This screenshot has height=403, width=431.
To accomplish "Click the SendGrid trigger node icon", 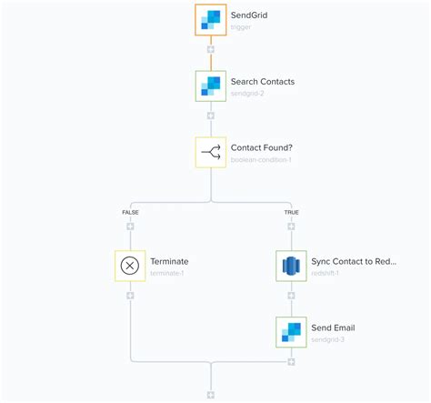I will coord(211,20).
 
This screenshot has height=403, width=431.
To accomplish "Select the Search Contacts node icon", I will coord(211,86).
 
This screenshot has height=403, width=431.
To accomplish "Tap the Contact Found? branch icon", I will coord(211,153).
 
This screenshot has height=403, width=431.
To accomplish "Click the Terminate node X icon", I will coord(130,266).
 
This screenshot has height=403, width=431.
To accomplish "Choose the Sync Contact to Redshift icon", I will coord(291,266).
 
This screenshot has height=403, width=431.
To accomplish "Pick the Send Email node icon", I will coord(291,332).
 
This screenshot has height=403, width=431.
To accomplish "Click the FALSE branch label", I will coord(130,213).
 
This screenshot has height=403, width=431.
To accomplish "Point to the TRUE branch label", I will coord(291,213).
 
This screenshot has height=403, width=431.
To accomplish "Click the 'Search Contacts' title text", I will coord(264,81).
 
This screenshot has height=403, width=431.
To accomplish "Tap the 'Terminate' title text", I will coord(169,261).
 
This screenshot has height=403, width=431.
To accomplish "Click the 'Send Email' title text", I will coord(334,327).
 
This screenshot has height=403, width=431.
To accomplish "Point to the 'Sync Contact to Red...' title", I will coord(353,261).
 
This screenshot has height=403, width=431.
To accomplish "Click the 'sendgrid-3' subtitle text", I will coord(328,339).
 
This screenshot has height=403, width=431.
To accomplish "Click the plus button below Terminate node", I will coord(130,296).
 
